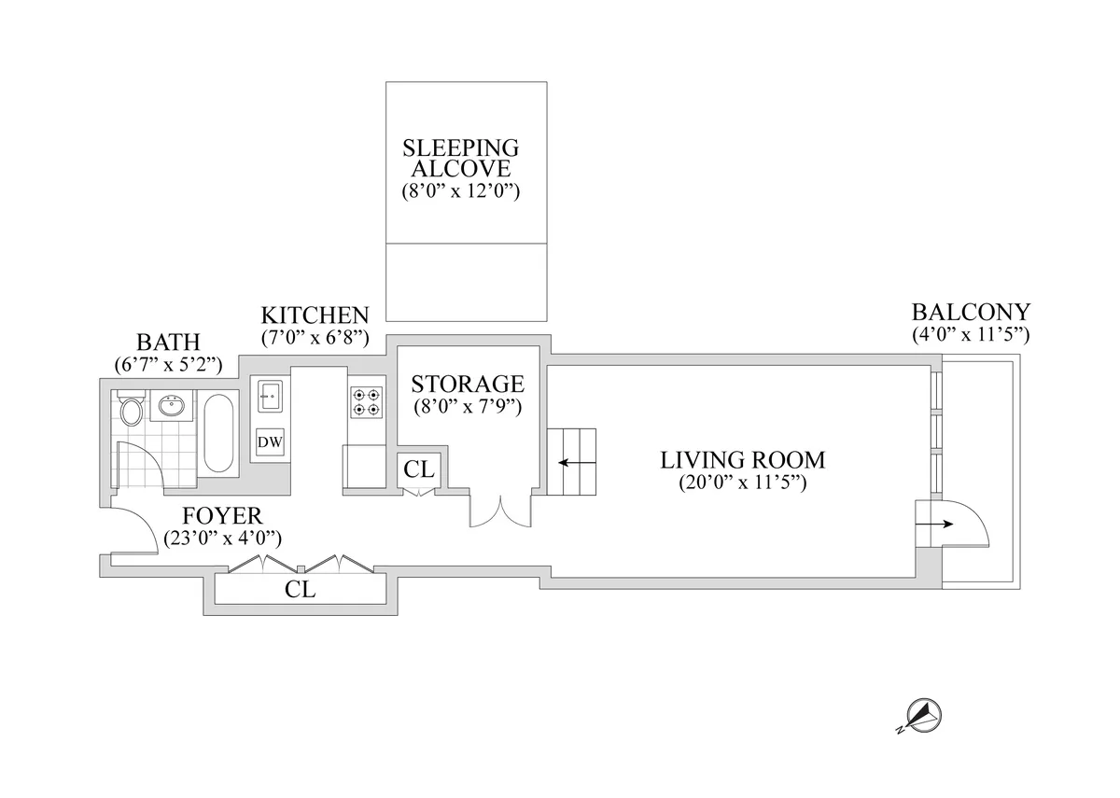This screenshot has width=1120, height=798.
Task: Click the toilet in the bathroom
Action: pos(131,410)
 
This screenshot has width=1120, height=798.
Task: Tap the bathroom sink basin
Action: pos(172,407)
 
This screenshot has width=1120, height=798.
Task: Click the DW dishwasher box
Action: pos(270,441)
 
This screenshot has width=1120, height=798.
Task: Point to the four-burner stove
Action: pos(365,402)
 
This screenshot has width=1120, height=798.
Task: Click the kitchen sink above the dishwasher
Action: pos(269,395)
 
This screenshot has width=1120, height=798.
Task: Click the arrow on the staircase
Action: pos(570,462)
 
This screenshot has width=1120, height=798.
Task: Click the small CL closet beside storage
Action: pos(420,469)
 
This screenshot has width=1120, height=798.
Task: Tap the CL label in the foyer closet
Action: pos(301,591)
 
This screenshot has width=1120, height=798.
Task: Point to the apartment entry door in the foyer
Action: pos(135,531)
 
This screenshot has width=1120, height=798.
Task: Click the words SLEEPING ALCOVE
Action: pos(460,159)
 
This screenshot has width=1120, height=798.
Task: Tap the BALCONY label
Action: pos(971,312)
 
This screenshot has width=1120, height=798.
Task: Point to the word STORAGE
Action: pos(467,384)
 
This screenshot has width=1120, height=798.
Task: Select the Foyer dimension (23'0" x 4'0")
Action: pos(222,538)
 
